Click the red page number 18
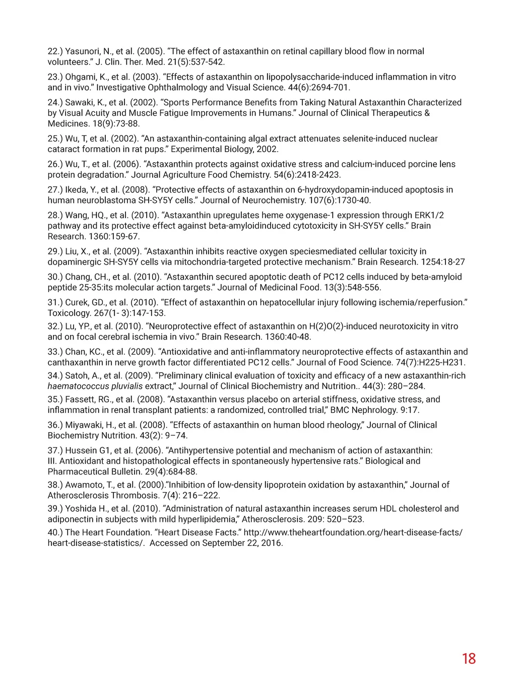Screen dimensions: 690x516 point(468,658)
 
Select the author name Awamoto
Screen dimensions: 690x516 point(85,485)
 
